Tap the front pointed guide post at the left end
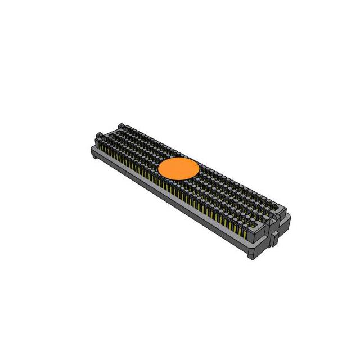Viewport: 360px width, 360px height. pos(100,136)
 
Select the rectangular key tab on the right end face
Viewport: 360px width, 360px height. pos(277,236)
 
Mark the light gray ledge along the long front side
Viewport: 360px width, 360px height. pos(169,194)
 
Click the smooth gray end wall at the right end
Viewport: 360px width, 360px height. pos(264,245)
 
